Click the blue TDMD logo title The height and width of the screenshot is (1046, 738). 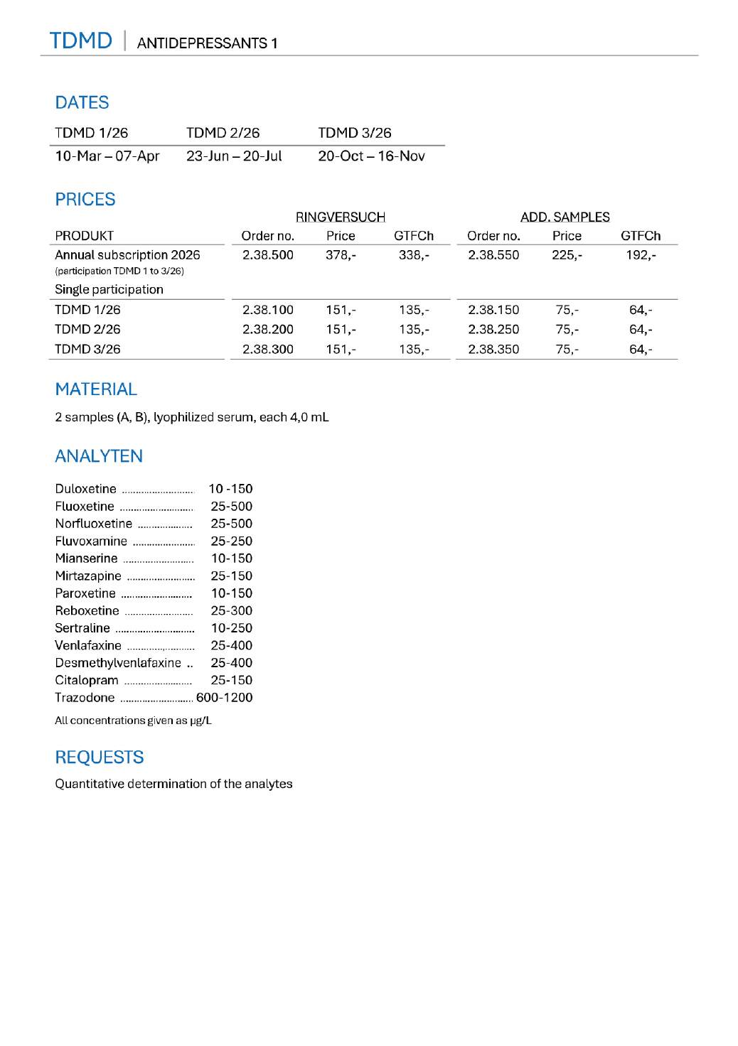pos(81,41)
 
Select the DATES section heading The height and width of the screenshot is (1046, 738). pos(82,103)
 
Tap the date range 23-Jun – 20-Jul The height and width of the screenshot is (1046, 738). pos(234,156)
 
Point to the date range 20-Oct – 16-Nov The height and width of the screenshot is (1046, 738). pos(371,156)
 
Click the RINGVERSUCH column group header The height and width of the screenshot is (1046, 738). pos(340,217)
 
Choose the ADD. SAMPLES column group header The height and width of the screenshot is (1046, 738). pos(565,217)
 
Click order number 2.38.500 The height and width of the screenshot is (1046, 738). pos(267,255)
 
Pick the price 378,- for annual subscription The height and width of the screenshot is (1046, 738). pos(341,255)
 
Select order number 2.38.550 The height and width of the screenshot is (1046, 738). pos(493,255)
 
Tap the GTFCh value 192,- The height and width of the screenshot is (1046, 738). pos(641,255)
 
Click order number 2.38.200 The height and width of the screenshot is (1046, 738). pos(267,330)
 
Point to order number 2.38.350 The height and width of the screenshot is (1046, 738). pos(493,350)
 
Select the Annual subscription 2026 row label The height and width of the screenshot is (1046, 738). pos(127,255)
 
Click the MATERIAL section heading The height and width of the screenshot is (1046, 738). pos(96,389)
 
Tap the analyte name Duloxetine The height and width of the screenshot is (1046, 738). pos(85,489)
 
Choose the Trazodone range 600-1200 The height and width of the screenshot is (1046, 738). pos(224,698)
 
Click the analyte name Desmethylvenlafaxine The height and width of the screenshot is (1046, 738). pos(118,663)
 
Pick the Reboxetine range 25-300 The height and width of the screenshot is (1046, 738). pos(231,611)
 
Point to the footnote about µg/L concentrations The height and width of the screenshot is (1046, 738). pos(133,721)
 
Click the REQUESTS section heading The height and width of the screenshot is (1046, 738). pos(100,757)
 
